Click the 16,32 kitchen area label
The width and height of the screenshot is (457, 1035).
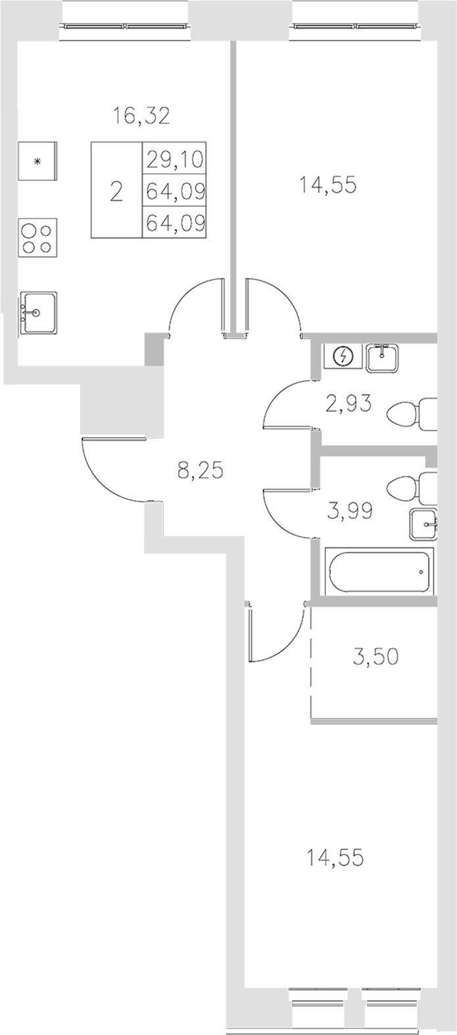pos(141,116)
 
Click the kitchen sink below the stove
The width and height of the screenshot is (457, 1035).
pos(38,314)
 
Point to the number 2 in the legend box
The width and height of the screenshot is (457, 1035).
pos(116,192)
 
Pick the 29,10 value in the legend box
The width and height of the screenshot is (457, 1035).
pos(175,160)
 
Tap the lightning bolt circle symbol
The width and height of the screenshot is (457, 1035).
pos(344,357)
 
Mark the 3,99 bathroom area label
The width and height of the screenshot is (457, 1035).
pos(349,510)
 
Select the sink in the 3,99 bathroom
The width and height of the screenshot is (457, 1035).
pos(423,524)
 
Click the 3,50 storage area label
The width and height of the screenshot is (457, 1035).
pos(375,657)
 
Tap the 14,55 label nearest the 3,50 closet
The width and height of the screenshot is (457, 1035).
pos(335,857)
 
